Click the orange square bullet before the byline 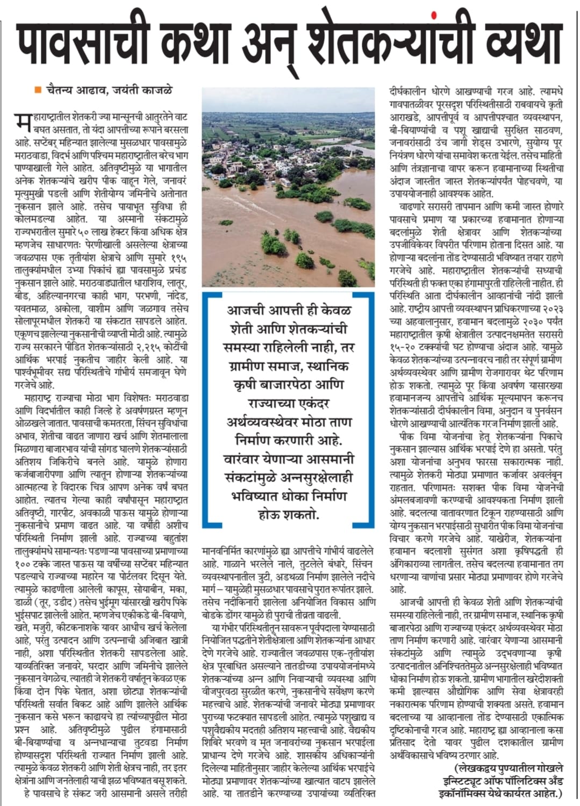coord(38,90)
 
